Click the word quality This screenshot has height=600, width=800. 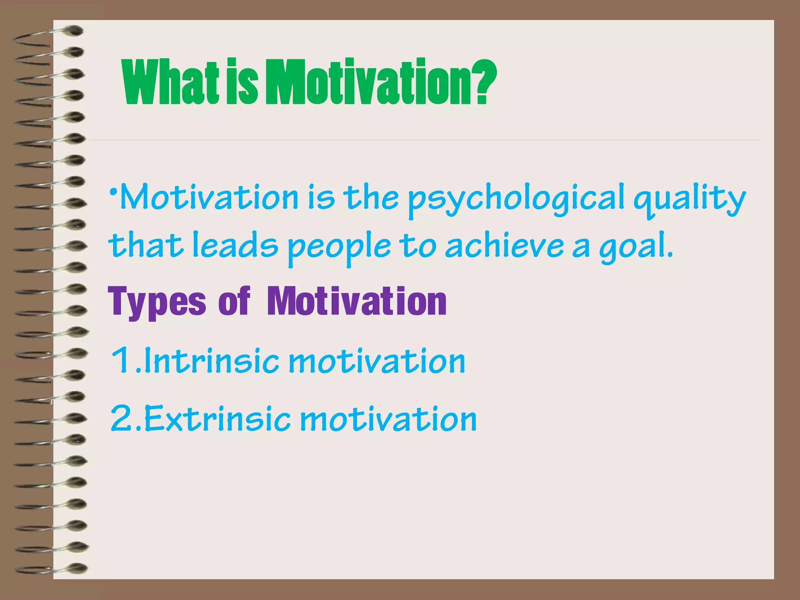pyautogui.click(x=689, y=199)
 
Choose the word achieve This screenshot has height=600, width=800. pyautogui.click(x=504, y=246)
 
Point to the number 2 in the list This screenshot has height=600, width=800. pyautogui.click(x=122, y=418)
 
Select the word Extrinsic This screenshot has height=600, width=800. pyautogui.click(x=217, y=418)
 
